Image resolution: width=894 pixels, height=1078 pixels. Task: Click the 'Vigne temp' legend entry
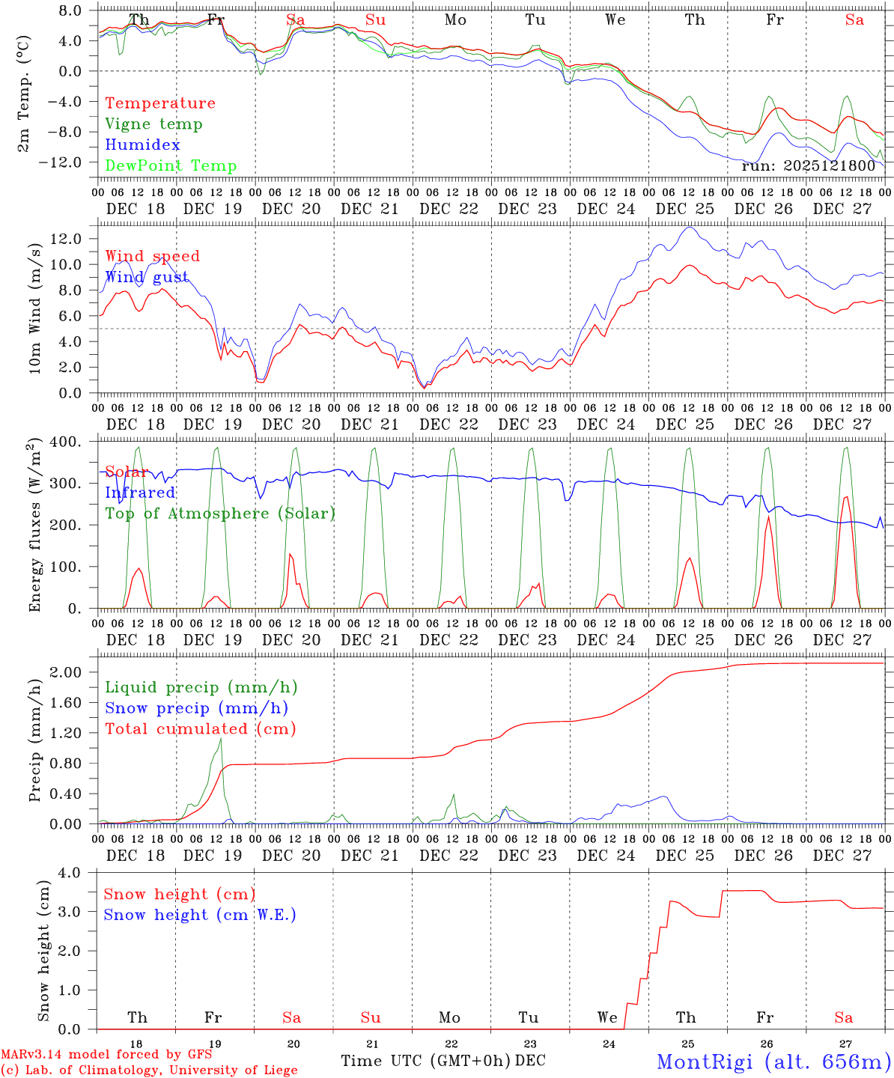(x=153, y=124)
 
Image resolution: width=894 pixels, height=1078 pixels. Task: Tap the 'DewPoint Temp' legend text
(x=171, y=166)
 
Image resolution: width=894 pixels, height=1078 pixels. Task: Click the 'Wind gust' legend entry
(x=147, y=277)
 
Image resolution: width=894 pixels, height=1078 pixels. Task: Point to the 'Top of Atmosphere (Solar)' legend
(x=219, y=514)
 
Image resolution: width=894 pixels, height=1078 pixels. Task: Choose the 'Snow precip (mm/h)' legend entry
(x=196, y=708)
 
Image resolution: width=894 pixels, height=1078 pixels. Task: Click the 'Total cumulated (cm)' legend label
(x=201, y=729)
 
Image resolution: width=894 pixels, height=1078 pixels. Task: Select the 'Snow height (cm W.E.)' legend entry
(x=199, y=915)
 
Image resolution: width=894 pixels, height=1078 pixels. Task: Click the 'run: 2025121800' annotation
(x=808, y=165)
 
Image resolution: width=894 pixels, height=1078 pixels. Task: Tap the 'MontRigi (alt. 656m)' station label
(x=774, y=1061)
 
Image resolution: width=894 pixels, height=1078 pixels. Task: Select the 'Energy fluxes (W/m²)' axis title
(x=34, y=526)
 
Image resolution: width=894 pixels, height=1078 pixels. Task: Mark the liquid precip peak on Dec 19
(x=221, y=739)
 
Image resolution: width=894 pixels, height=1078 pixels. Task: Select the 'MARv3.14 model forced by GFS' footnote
(x=106, y=1055)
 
